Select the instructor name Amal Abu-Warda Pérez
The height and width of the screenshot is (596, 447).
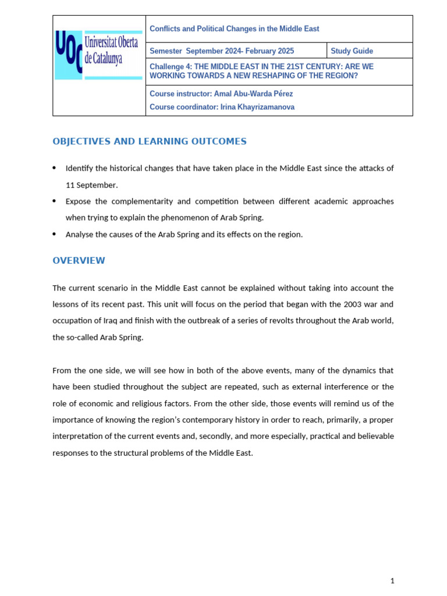254,94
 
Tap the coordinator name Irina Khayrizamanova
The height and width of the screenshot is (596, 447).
258,107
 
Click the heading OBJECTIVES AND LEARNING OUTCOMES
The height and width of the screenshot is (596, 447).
150,141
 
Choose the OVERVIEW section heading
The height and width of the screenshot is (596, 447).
79,261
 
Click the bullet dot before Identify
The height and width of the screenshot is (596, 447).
54,168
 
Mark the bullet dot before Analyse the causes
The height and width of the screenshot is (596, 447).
54,235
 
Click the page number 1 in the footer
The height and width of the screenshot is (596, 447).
392,580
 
